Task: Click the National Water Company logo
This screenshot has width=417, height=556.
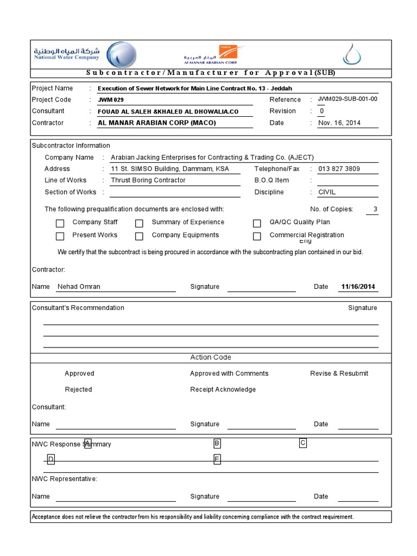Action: point(81,54)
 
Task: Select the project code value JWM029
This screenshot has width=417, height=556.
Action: point(107,100)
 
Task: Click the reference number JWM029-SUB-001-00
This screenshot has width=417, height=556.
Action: point(347,99)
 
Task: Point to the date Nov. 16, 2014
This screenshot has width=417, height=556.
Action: point(339,123)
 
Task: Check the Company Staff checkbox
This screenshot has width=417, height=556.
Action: point(60,223)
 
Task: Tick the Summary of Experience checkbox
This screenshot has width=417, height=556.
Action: point(140,223)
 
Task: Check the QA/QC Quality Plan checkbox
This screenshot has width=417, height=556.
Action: point(257,223)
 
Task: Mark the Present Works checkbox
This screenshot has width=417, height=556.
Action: point(60,236)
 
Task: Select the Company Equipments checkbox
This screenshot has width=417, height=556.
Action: point(140,236)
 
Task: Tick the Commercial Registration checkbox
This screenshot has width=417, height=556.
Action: point(257,236)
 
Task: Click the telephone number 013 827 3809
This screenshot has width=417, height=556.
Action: point(339,169)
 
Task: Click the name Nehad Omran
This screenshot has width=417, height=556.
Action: point(79,287)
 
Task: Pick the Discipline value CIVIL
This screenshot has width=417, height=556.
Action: point(327,192)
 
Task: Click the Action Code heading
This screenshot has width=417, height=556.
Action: point(211,357)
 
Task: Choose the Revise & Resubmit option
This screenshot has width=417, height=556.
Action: point(339,374)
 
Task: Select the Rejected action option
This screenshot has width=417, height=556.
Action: point(78,389)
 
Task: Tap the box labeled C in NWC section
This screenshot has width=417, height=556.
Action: point(303,443)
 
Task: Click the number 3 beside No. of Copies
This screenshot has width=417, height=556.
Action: point(375,209)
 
